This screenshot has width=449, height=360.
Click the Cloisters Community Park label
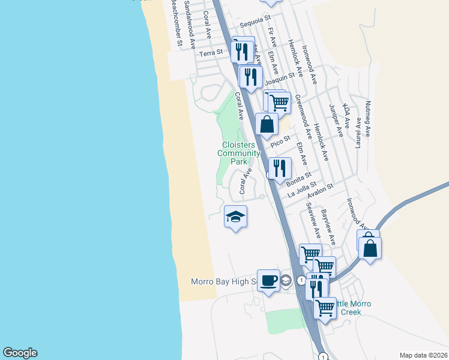point(239,153)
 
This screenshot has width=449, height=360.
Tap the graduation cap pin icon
point(236,217)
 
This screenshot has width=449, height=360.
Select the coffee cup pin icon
point(268,280)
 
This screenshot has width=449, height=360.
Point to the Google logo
point(20,353)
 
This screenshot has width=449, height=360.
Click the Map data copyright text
point(423,355)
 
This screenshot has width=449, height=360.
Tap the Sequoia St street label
point(252,25)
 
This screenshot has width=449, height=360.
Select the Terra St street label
point(211,53)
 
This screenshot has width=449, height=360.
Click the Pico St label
point(280,143)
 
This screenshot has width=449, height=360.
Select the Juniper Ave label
point(335,120)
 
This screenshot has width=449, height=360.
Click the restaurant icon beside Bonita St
point(279,168)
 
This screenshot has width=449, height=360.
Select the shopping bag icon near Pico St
point(267,124)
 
